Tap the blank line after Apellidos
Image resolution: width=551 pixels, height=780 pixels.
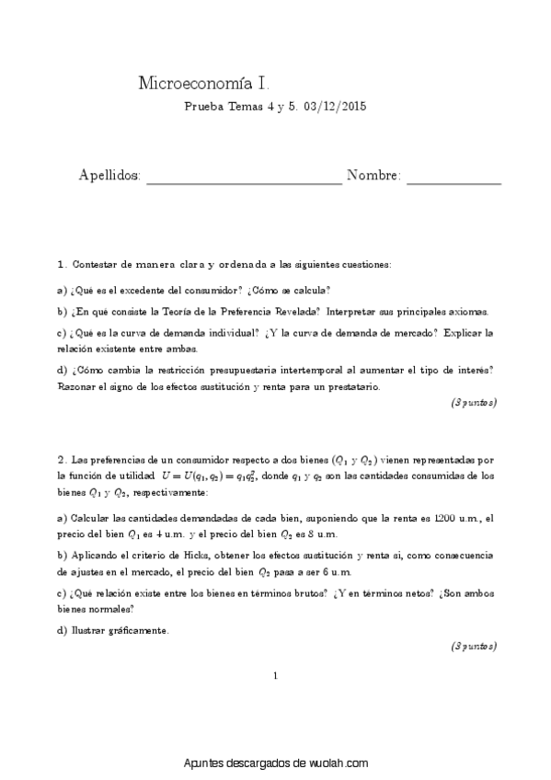pos(244,177)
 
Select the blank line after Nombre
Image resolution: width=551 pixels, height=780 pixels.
pos(453,177)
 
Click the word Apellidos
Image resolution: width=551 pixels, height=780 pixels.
pos(109,176)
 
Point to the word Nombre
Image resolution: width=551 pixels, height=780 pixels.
pos(373,176)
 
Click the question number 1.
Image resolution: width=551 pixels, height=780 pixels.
pos(61,264)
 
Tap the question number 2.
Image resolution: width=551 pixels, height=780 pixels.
pos(61,458)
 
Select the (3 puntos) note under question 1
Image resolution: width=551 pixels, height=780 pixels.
pos(474,403)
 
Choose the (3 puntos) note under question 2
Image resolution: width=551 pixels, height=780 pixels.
pos(474,647)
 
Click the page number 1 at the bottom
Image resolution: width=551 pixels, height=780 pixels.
pos(275,677)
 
